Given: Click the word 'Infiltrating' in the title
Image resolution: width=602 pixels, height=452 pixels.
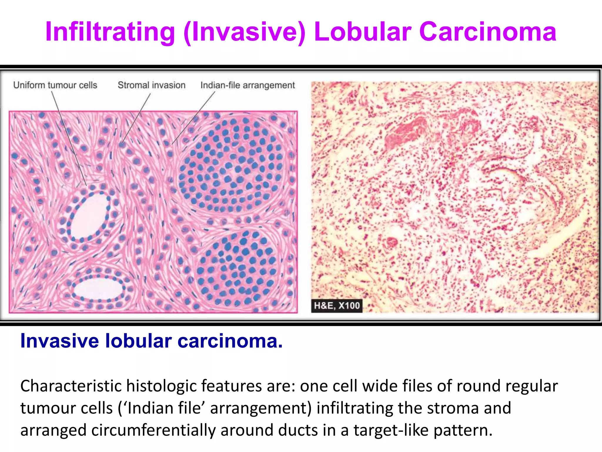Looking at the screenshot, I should click(110, 32).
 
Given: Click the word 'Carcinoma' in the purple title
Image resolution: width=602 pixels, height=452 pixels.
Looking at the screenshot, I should click(488, 32).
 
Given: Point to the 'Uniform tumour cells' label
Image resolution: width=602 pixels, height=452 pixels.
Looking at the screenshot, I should click(55, 85).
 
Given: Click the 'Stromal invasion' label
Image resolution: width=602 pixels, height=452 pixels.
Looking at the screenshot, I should click(151, 85).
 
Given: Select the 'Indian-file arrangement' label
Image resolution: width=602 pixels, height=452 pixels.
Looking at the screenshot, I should click(248, 85).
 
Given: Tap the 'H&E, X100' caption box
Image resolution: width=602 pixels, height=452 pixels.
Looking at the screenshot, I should click(337, 305).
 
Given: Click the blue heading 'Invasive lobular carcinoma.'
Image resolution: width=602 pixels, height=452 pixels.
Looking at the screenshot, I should click(151, 341).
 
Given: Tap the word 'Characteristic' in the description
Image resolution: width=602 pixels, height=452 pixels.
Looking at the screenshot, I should click(71, 386).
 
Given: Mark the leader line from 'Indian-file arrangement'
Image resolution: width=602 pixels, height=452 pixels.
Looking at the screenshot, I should click(194, 118).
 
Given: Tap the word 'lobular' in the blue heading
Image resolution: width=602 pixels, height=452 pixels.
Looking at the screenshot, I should click(138, 341).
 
